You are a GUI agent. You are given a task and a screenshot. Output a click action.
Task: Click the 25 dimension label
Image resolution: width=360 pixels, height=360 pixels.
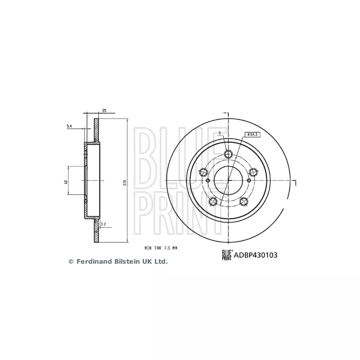tap(104, 110)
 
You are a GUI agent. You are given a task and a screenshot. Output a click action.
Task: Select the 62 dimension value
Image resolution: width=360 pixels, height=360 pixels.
tap(66, 181)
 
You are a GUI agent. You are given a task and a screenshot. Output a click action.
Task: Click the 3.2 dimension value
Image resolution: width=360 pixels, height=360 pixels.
tap(103, 223)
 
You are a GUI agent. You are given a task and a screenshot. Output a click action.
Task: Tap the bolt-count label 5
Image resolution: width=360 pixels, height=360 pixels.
tap(219, 133)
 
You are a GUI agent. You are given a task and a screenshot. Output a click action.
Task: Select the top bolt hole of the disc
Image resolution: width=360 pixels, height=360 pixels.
tap(228, 154)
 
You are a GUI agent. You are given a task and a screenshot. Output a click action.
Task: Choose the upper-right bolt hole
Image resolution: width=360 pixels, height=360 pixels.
tap(253, 172)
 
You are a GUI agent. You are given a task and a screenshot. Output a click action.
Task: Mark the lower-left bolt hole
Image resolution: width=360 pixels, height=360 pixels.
tap(213, 201)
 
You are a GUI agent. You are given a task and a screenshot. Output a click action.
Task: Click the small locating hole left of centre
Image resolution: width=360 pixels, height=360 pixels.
tap(208, 180)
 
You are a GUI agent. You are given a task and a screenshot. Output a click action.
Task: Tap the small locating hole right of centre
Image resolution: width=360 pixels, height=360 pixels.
tap(248, 180)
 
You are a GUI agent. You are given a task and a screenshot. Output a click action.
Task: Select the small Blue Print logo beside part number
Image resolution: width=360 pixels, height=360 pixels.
tap(226, 255)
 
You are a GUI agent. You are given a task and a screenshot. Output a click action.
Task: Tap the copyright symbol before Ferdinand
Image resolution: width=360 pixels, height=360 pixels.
tap(71, 261)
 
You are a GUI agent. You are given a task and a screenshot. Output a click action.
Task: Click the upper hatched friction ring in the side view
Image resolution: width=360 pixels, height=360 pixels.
tap(96, 130)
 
